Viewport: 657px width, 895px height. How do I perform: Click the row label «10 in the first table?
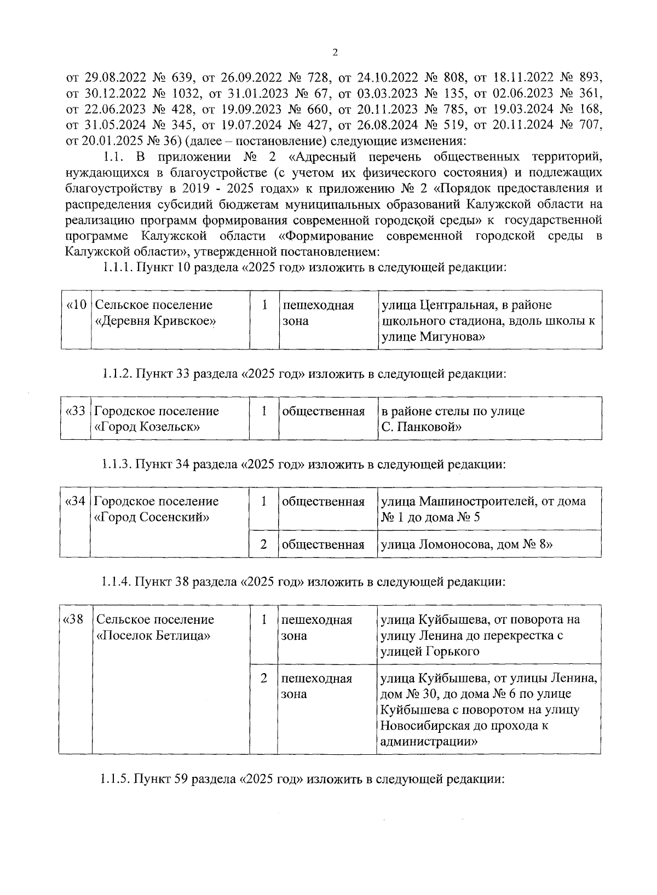pyautogui.click(x=76, y=305)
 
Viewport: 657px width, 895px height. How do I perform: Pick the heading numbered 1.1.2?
pyautogui.click(x=118, y=374)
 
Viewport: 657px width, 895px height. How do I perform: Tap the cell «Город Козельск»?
pyautogui.click(x=147, y=427)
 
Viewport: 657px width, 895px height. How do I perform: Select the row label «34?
pyautogui.click(x=76, y=501)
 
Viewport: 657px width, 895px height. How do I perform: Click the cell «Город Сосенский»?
pyautogui.click(x=153, y=517)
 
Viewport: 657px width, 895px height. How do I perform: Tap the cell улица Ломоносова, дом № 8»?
pyautogui.click(x=466, y=544)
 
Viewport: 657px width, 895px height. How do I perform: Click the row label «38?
pyautogui.click(x=73, y=619)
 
